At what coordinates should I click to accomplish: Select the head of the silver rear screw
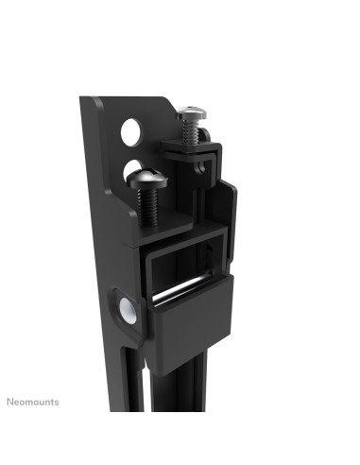(192, 112)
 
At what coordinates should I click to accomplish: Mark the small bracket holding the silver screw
(194, 146)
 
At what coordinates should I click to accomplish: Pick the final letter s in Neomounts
(56, 402)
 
